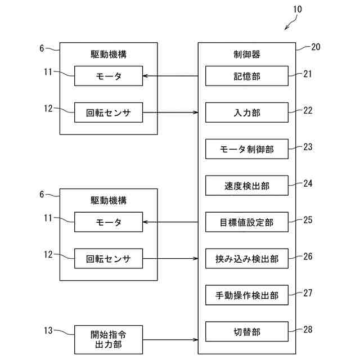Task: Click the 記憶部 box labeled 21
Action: (247, 76)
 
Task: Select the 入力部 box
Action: (247, 112)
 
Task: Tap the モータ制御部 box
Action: (247, 149)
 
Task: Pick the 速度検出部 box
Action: (247, 186)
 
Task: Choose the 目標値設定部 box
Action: (247, 222)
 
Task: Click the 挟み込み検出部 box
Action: (247, 259)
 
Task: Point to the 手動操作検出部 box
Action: (247, 295)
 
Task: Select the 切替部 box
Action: (247, 331)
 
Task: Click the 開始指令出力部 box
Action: (109, 340)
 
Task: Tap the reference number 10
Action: (298, 9)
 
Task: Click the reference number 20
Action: (316, 47)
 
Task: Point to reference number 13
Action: (48, 330)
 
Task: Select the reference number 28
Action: (308, 330)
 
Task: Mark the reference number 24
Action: (308, 183)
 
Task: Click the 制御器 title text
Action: (247, 55)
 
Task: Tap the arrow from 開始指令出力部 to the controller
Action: (170, 340)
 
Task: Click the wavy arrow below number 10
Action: (291, 23)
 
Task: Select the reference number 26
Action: (308, 256)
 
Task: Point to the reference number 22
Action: (308, 110)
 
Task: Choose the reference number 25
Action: (308, 220)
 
